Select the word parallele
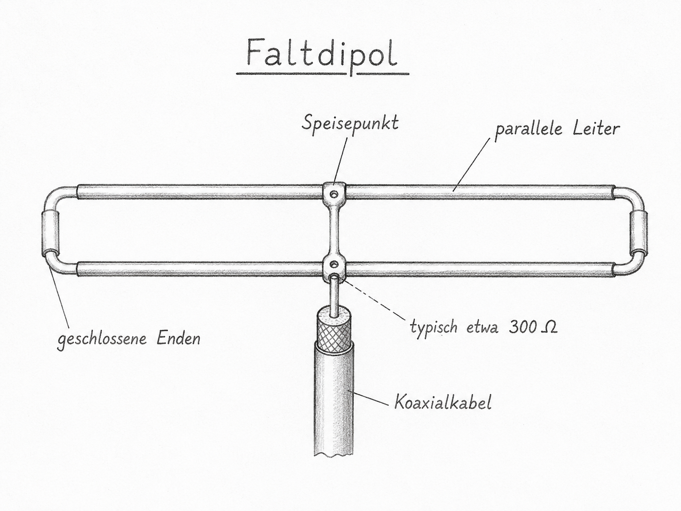pyautogui.click(x=528, y=130)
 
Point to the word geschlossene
pyautogui.click(x=102, y=339)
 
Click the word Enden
pyautogui.click(x=178, y=338)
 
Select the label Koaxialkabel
pyautogui.click(x=443, y=402)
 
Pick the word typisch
pyautogui.click(x=434, y=328)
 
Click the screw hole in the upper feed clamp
pyautogui.click(x=334, y=194)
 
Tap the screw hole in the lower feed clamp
pyautogui.click(x=334, y=264)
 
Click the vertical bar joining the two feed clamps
pyautogui.click(x=334, y=230)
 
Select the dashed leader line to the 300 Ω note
pyautogui.click(x=374, y=300)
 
